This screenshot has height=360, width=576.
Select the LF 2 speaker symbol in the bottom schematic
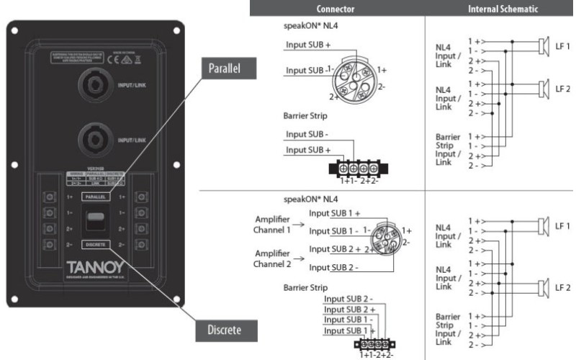pyautogui.click(x=543, y=287)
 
